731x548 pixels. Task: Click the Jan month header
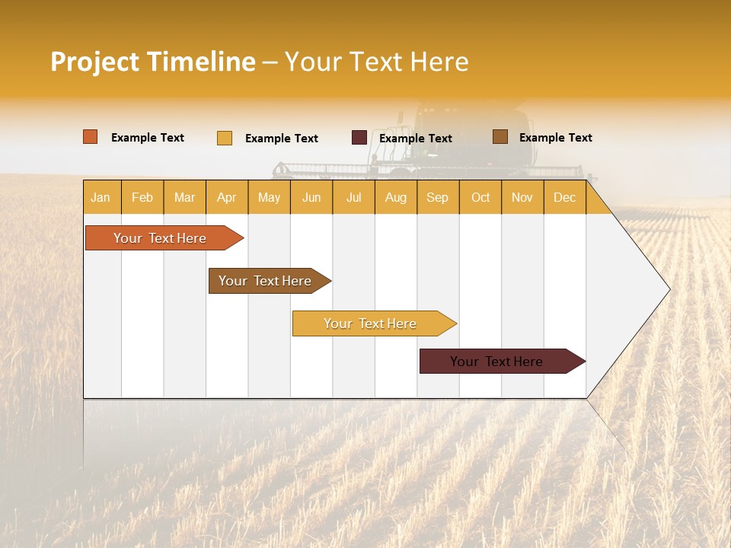[x=101, y=198]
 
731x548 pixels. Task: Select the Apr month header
[x=226, y=198]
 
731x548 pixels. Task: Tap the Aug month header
[x=395, y=198]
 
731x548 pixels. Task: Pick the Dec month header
[x=564, y=198]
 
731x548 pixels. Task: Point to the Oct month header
[x=480, y=198]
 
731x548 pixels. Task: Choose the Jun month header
[x=311, y=198]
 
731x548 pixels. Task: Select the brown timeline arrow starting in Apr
[x=267, y=281]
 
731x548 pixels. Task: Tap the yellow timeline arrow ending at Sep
[x=372, y=323]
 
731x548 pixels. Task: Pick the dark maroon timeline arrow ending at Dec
[x=499, y=362]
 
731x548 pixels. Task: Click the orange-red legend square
[x=90, y=137]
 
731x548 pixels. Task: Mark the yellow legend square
[x=225, y=138]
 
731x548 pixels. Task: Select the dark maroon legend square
[x=359, y=138]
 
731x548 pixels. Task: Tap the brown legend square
[x=500, y=137]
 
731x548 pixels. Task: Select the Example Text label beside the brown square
[x=555, y=138]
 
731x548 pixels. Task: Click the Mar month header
[x=184, y=198]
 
